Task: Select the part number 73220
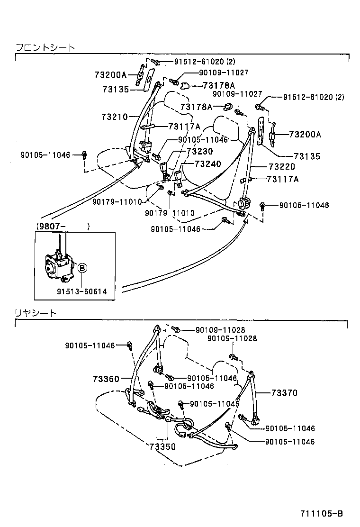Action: pos(282,167)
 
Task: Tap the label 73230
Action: pos(200,151)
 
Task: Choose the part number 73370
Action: pos(284,393)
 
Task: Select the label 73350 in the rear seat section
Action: pos(162,446)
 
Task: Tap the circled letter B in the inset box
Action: pos(81,268)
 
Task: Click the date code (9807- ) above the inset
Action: pos(62,227)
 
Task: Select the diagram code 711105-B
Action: pos(321,514)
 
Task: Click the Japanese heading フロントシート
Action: pos(45,48)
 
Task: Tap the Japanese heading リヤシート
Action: pos(36,313)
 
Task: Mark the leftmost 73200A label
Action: pos(110,75)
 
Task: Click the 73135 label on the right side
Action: pos(306,156)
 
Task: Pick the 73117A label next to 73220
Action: pos(283,179)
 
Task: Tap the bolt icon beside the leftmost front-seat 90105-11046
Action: pos(84,154)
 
